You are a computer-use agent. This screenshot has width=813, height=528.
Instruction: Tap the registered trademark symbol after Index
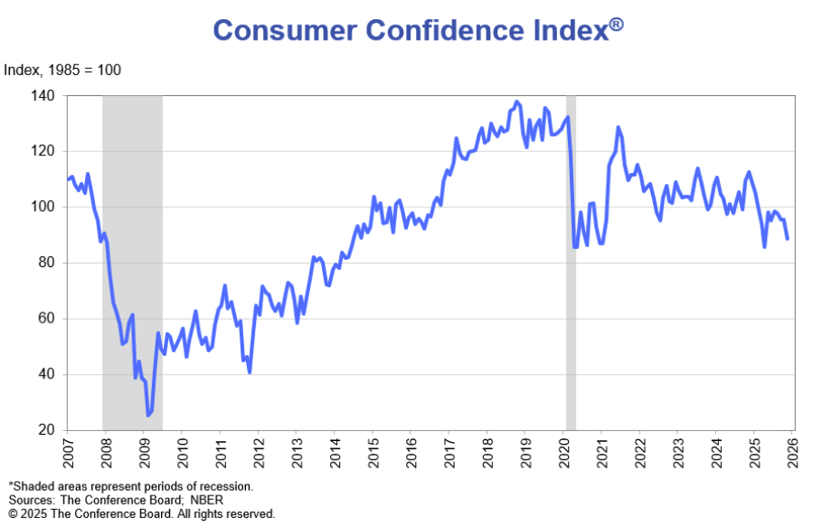click(616, 24)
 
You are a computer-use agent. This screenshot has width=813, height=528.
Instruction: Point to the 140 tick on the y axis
click(43, 95)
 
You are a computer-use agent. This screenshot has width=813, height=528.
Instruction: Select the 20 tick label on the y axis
click(47, 430)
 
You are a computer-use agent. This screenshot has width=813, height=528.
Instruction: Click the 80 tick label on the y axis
click(47, 263)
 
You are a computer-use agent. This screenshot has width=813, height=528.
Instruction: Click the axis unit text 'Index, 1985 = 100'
click(62, 70)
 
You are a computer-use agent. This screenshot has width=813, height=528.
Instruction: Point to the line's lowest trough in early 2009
click(148, 415)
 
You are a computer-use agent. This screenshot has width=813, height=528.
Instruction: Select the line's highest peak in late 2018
click(516, 102)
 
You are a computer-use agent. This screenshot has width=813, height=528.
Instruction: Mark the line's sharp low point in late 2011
click(249, 371)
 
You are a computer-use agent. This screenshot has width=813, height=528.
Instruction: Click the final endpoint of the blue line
click(787, 238)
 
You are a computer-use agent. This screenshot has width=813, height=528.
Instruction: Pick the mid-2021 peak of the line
click(618, 128)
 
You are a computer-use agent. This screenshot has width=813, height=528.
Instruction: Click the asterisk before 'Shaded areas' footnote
click(11, 485)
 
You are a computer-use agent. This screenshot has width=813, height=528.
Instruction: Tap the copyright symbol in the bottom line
click(14, 514)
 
